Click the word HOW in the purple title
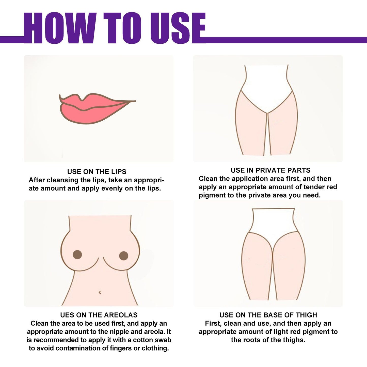60,28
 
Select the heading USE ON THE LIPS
97,172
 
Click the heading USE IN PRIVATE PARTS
270,170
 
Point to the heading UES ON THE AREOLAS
99,315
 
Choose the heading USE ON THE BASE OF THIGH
268,315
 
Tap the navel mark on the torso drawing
100,293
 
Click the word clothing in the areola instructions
155,348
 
